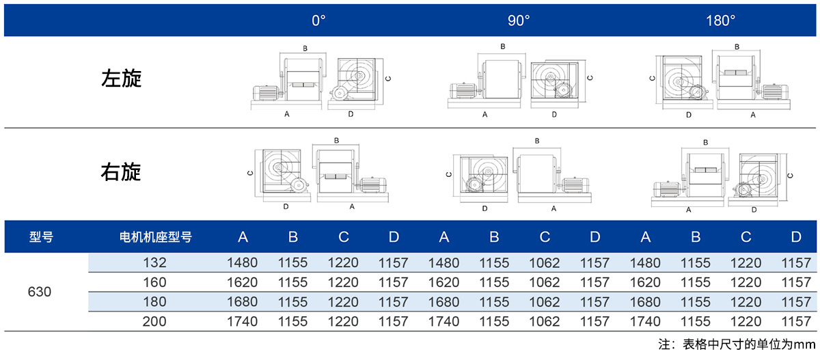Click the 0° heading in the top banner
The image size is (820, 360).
pos(318,20)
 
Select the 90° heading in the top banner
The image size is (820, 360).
pos(519,20)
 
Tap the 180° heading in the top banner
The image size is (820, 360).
pos(720,20)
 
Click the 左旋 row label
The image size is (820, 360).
pos(121,79)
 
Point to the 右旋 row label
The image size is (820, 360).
pos(121,172)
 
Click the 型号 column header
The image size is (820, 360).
pos(41,237)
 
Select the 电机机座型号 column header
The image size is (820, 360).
pos(156,237)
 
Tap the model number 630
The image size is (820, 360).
pos(40,292)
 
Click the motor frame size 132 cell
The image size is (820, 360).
pos(155,263)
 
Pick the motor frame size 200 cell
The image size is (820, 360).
pos(154,322)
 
